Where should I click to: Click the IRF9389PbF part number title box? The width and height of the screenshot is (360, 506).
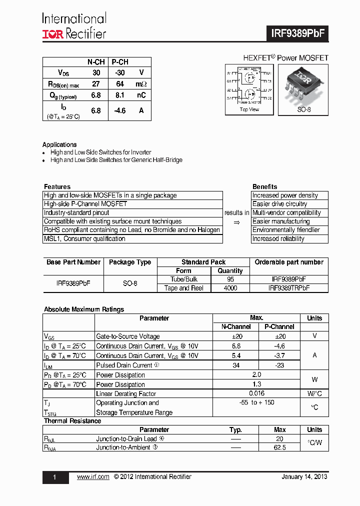point(297,33)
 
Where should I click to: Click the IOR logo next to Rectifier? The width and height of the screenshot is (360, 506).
point(52,33)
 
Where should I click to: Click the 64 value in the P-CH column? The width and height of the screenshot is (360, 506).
point(120,84)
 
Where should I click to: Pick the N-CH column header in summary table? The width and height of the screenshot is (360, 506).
point(96,62)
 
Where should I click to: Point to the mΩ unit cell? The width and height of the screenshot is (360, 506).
point(141,84)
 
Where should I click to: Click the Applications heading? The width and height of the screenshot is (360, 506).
point(59,144)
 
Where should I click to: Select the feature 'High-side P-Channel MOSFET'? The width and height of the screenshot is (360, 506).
point(85,204)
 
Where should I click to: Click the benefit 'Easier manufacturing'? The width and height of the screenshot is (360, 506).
point(281,221)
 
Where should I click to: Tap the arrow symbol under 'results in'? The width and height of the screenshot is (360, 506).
point(237,222)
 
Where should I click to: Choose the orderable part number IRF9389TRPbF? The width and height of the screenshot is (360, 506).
point(289,288)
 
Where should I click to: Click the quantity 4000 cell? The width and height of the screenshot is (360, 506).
point(230,288)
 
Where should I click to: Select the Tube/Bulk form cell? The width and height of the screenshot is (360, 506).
point(183,279)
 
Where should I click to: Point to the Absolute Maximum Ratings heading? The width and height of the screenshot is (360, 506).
point(84,309)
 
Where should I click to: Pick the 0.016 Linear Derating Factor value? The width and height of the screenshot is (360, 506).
point(257,394)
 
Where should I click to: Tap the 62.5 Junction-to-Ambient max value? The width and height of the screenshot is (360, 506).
point(280,447)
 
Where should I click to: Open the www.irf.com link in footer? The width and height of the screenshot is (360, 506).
point(93,477)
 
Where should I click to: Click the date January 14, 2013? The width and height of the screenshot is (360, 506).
point(304,477)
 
